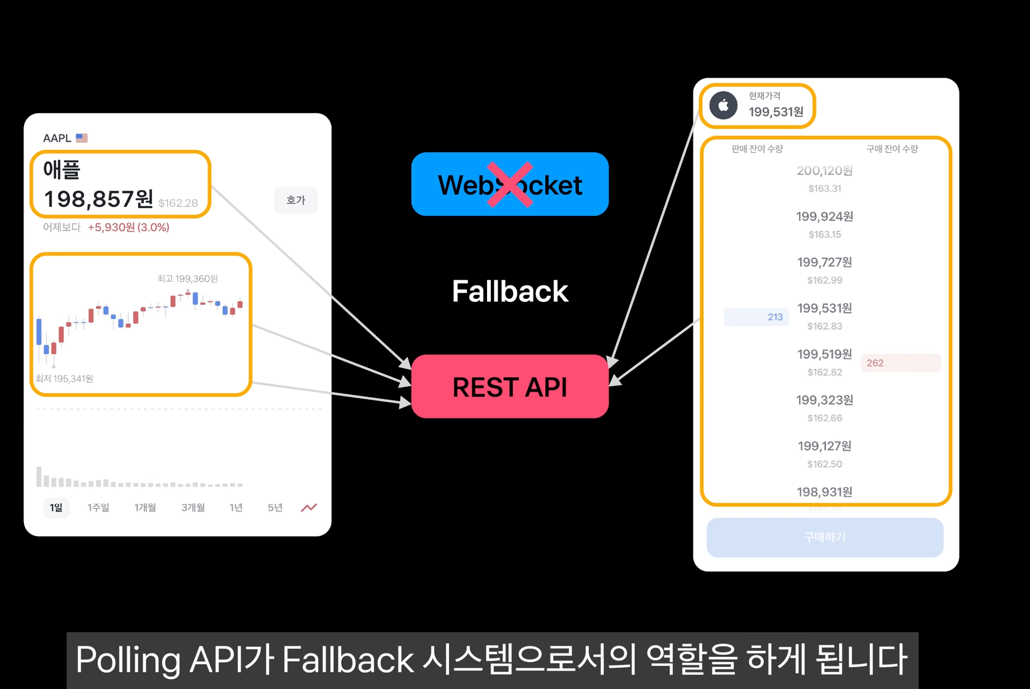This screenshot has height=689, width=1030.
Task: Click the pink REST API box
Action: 509,386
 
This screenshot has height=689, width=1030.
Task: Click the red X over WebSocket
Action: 509,185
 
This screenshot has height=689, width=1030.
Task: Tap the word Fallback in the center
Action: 509,291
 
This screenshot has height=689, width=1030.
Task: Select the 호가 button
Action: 296,200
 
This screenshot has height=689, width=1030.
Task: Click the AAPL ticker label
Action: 57,138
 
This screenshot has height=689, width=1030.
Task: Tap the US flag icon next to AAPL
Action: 82,138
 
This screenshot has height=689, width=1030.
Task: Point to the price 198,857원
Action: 98,199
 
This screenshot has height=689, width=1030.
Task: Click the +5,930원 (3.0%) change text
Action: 129,228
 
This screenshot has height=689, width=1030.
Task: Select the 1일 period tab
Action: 56,508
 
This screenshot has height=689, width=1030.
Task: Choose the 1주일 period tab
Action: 98,508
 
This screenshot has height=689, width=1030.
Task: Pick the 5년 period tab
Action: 275,508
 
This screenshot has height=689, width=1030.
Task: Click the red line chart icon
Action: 309,508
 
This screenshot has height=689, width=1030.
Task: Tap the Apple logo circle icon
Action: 724,105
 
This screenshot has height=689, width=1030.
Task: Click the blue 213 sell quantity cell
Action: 757,317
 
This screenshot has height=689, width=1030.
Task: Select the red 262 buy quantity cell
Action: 900,363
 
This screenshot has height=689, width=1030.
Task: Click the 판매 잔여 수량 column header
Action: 757,149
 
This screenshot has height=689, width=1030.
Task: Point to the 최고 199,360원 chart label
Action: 187,279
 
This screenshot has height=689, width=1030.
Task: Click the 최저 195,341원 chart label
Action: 64,379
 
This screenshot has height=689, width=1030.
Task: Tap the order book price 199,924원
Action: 825,216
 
